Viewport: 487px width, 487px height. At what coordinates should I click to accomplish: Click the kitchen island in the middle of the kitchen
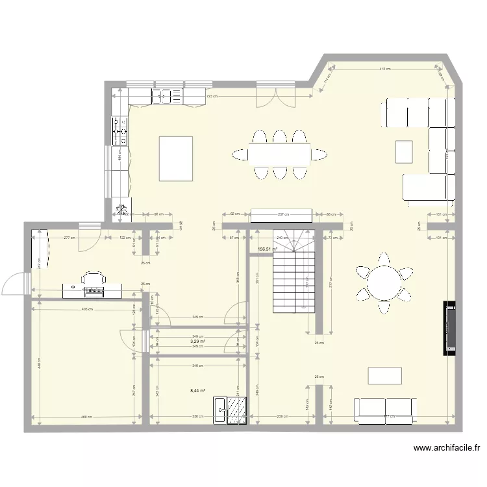176,158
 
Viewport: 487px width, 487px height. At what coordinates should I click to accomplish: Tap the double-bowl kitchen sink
162,97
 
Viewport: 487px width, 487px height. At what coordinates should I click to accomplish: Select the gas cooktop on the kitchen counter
120,131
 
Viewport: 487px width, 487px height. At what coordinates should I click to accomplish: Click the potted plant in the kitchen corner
121,208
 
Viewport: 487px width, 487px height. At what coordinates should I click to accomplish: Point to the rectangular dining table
279,154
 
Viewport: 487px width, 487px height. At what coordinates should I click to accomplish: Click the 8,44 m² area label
198,391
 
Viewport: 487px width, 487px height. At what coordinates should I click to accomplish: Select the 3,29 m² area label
198,341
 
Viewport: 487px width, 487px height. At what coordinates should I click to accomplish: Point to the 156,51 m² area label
268,249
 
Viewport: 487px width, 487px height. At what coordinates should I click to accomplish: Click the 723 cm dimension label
212,96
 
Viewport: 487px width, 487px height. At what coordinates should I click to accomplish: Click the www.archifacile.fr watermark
447,447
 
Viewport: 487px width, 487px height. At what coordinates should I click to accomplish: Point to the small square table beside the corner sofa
404,151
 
